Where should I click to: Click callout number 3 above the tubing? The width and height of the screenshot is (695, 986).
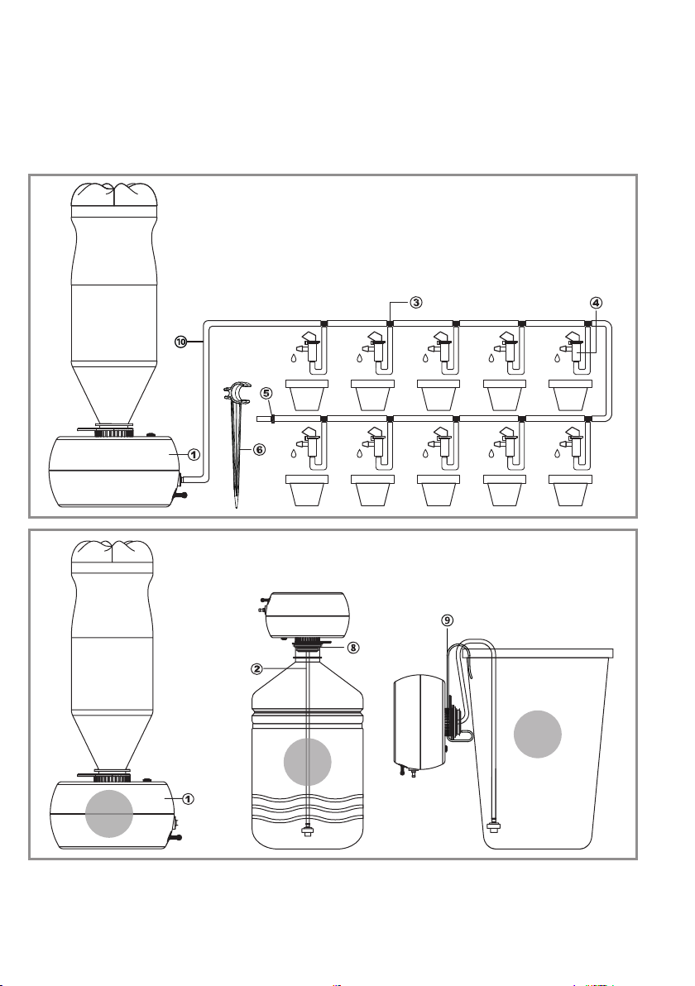[x=416, y=302]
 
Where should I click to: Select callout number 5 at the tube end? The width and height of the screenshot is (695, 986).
[x=266, y=392]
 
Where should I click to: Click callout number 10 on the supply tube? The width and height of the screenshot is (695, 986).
[x=180, y=341]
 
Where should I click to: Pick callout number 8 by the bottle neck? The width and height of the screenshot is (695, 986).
[x=352, y=648]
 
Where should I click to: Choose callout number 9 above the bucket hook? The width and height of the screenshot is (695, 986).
[x=448, y=620]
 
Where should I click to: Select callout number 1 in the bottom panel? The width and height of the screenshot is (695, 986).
[x=188, y=799]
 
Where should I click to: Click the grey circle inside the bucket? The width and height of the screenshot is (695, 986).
[x=537, y=735]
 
